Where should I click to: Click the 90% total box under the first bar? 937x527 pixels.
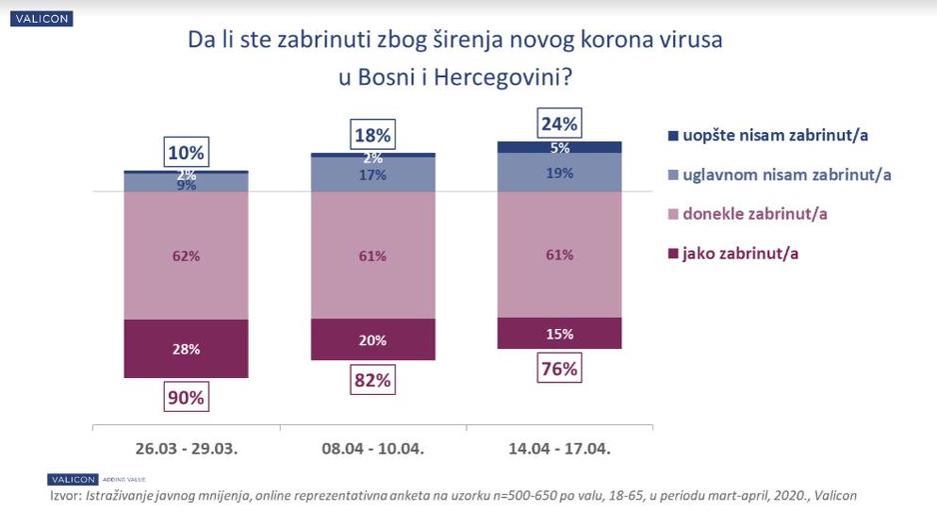coord(186,397)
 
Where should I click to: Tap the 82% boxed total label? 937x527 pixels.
coord(372,380)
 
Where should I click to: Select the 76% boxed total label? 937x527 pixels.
coord(558,368)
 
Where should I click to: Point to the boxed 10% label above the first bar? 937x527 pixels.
coord(186,153)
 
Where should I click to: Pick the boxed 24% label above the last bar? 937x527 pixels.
coord(558,124)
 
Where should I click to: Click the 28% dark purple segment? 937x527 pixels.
coord(186,349)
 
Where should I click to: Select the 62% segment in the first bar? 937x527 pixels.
coord(186,255)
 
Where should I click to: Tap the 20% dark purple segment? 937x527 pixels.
coord(372,340)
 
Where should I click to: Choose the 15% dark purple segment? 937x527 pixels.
coord(558,333)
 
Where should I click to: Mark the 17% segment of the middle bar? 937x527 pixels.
coord(372,174)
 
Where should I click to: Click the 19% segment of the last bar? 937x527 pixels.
coord(558,172)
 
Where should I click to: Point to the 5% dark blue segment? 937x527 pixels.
coord(558,147)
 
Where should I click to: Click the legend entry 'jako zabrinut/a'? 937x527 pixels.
coord(741,254)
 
